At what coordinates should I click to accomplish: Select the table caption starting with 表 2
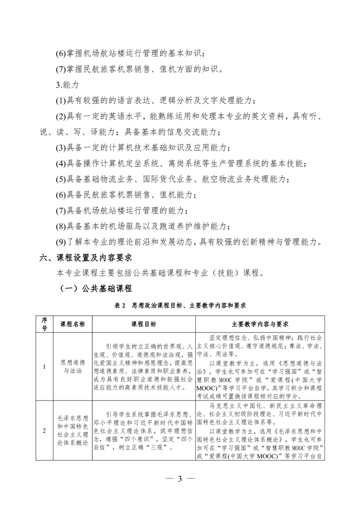(x=180, y=306)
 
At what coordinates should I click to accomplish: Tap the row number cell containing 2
(x=44, y=431)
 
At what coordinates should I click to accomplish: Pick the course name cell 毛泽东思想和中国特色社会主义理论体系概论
(x=73, y=431)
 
